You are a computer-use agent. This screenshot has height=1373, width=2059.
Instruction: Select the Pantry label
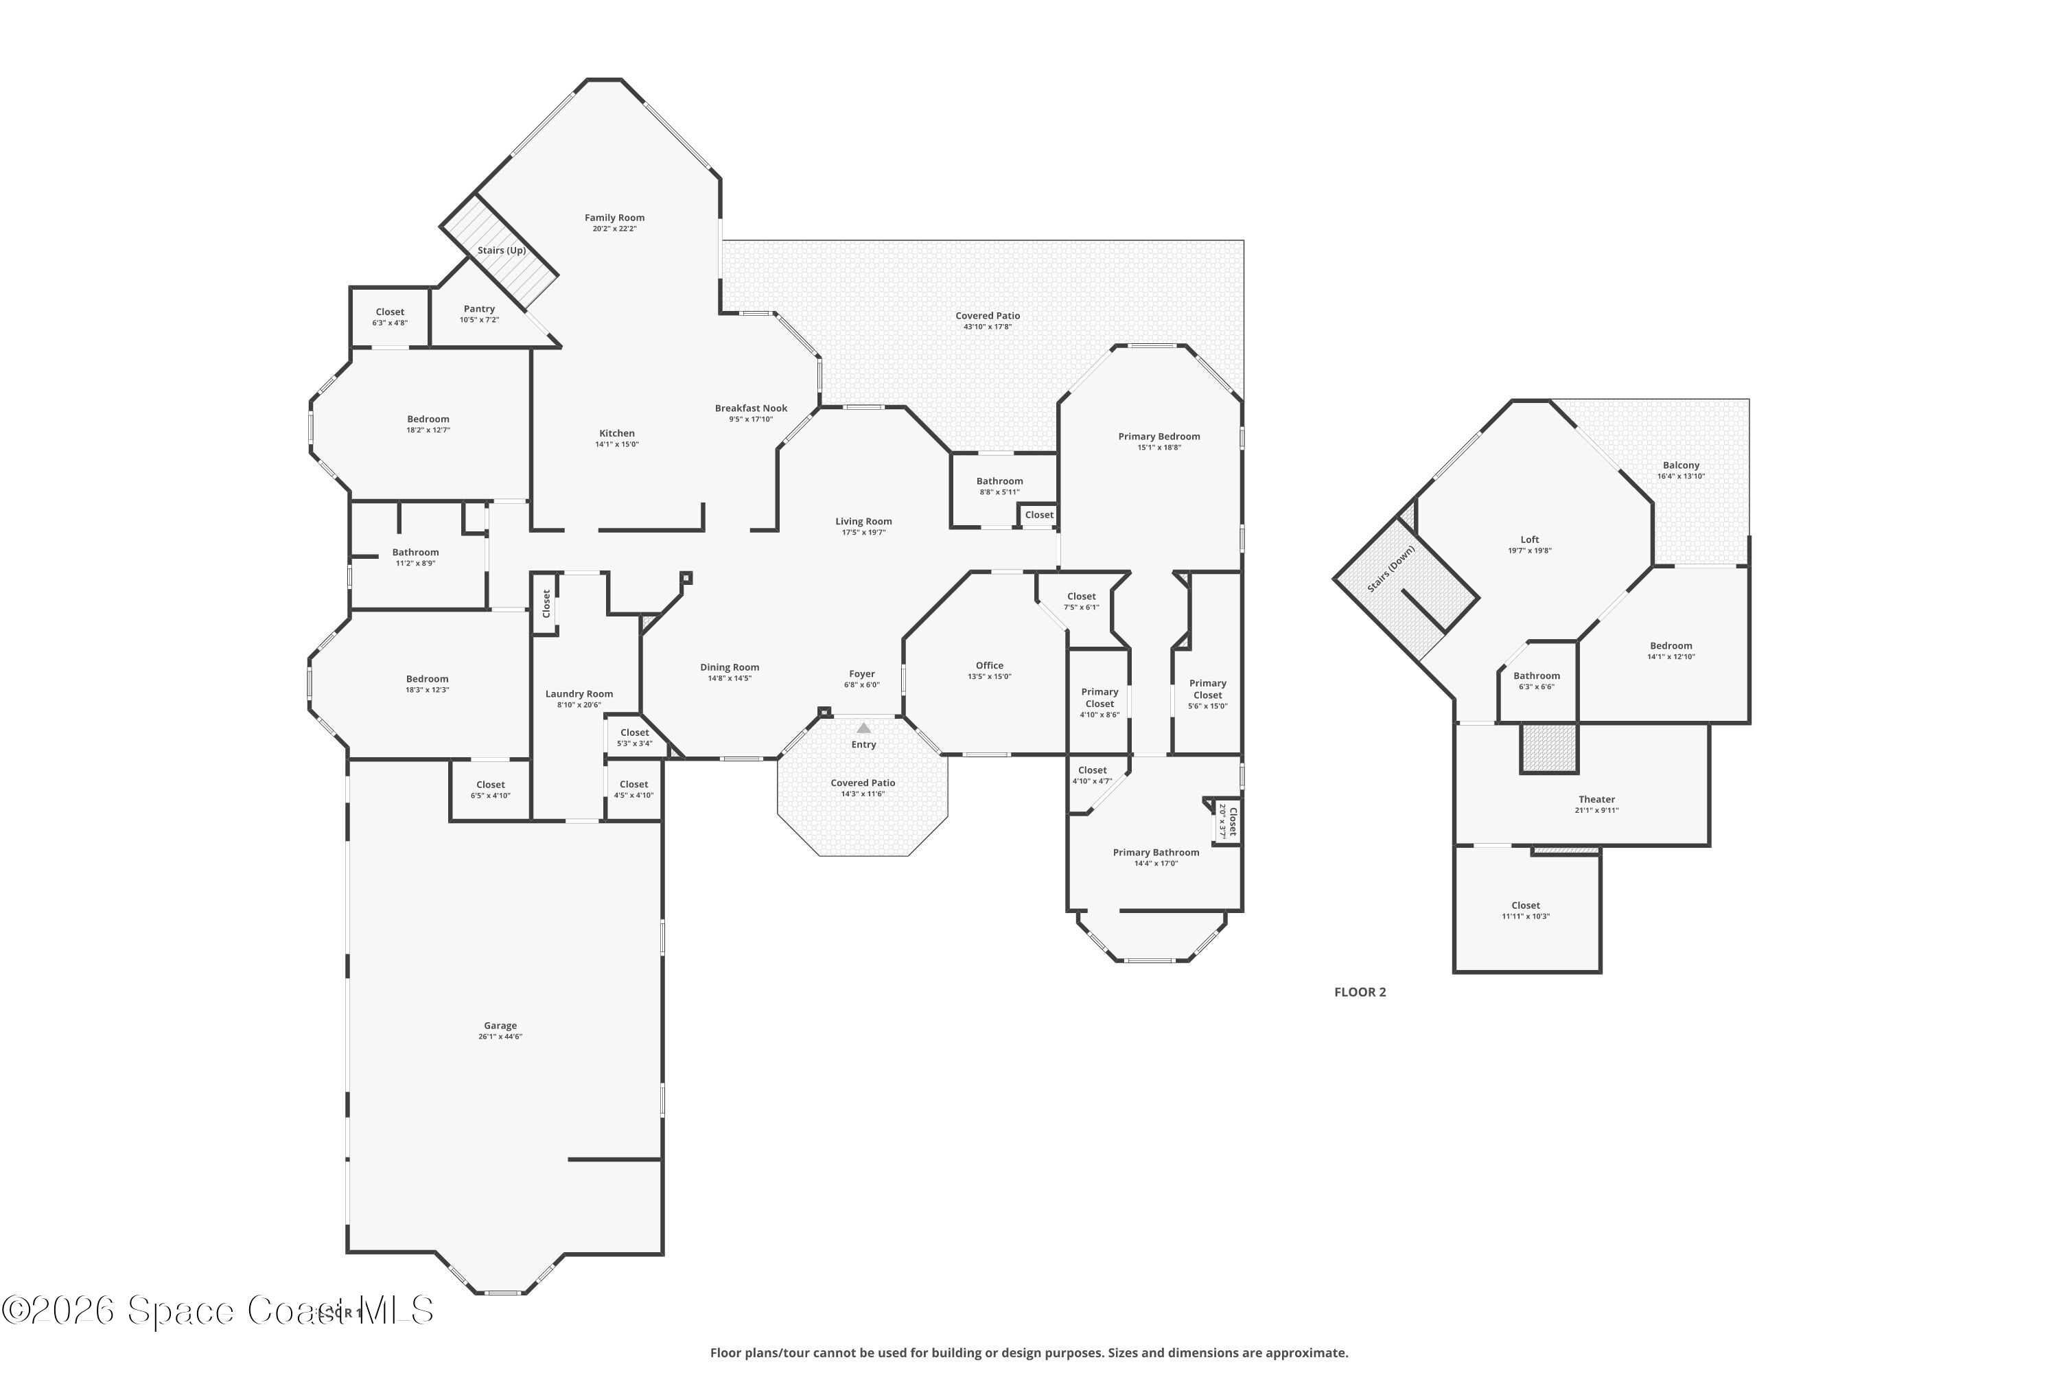pyautogui.click(x=479, y=309)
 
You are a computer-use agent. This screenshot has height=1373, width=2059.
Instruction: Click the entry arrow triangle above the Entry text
pyautogui.click(x=864, y=728)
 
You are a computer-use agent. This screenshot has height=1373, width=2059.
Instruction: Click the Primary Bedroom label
pyautogui.click(x=1159, y=437)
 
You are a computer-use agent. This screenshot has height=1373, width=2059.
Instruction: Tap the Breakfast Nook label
pyautogui.click(x=751, y=408)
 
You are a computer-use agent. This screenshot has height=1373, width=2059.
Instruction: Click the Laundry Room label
pyautogui.click(x=579, y=693)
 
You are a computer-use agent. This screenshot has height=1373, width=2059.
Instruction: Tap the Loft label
pyautogui.click(x=1529, y=540)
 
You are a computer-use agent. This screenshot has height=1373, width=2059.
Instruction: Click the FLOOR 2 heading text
pyautogui.click(x=1360, y=992)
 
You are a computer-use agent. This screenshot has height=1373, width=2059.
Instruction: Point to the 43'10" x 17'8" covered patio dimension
pyautogui.click(x=988, y=327)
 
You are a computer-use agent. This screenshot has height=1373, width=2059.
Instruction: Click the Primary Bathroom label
pyautogui.click(x=1156, y=853)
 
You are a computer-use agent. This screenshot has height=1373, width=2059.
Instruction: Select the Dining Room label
pyautogui.click(x=729, y=667)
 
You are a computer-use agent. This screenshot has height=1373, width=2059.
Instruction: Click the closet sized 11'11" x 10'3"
pyautogui.click(x=1525, y=911)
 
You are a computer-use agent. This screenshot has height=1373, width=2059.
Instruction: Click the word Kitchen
pyautogui.click(x=616, y=433)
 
